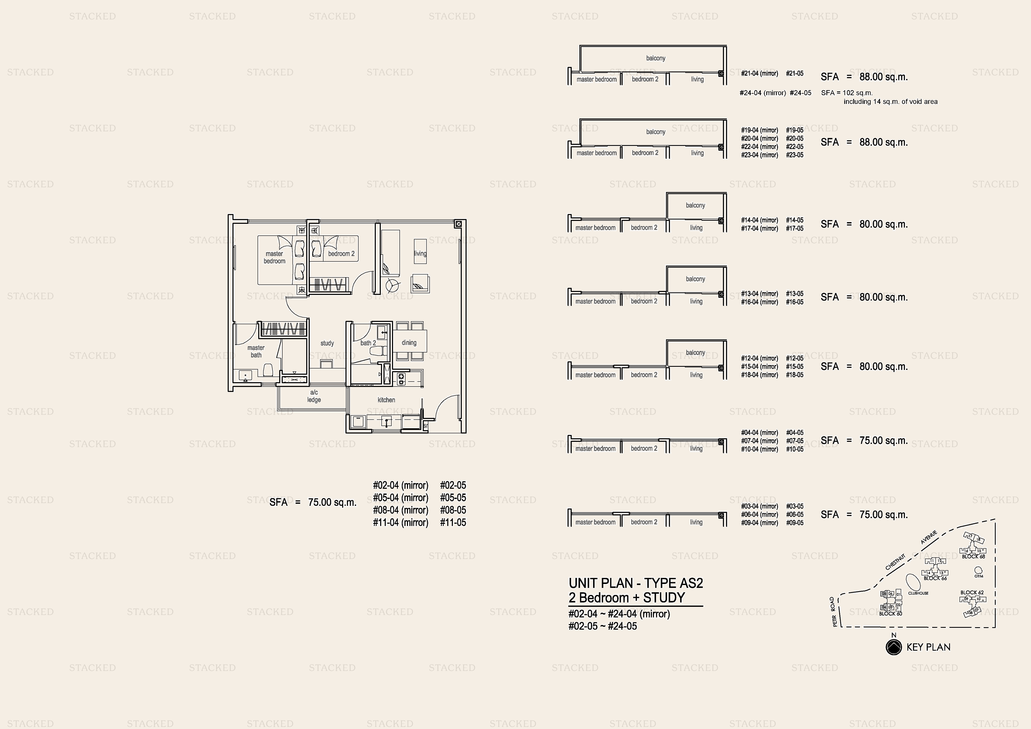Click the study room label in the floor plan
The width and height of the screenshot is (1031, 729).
327,343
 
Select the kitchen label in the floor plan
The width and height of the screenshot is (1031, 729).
386,400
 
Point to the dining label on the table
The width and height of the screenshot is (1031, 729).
409,343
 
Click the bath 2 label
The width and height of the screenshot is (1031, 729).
368,343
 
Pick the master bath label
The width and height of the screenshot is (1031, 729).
256,351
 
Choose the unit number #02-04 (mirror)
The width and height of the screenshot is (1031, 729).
401,486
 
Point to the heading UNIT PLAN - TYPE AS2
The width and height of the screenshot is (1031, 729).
635,583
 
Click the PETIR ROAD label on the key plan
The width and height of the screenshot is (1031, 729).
834,612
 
